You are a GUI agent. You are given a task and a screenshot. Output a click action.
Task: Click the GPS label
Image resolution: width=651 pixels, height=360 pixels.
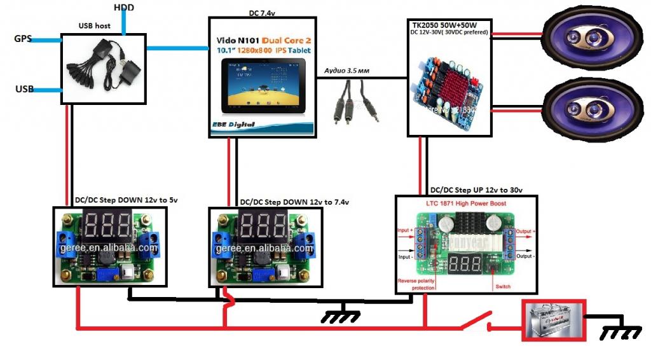(23, 39)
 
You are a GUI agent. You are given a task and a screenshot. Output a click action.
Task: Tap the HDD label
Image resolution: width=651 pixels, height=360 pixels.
(124, 8)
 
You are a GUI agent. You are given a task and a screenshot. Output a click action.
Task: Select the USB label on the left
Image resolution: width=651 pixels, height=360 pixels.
(24, 89)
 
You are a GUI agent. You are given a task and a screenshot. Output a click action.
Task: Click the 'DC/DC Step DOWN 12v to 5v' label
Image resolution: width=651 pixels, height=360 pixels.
(121, 200)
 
